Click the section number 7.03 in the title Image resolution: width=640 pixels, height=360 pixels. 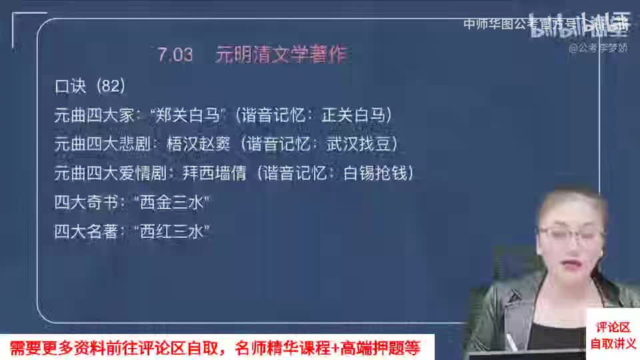pyautogui.click(x=175, y=55)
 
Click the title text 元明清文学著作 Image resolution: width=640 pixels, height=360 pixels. pyautogui.click(x=281, y=55)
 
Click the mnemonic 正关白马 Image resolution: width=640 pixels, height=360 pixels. pyautogui.click(x=353, y=115)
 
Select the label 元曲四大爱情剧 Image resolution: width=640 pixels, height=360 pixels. pyautogui.click(x=110, y=173)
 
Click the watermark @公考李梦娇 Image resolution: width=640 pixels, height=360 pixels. pyautogui.click(x=598, y=48)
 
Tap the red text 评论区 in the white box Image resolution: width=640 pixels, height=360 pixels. pyautogui.click(x=612, y=327)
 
